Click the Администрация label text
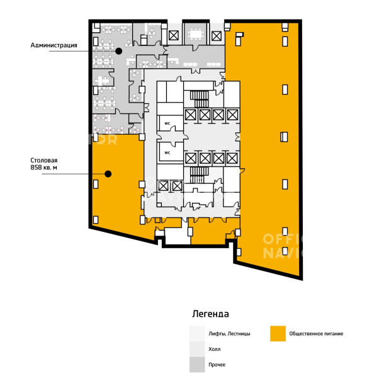point(54,45)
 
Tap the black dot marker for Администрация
point(118,51)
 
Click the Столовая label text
point(44,161)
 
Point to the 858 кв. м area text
point(43,168)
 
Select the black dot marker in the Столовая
point(108,174)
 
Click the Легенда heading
point(210,314)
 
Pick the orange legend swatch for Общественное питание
point(278,333)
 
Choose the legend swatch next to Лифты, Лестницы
point(197,333)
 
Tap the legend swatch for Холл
point(197,349)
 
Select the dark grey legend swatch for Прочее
point(197,365)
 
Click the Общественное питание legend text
point(316,334)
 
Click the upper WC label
point(167,123)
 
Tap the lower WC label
point(167,153)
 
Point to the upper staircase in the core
point(199,99)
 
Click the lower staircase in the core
point(199,175)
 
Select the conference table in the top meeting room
point(196,34)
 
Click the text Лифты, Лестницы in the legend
point(229,334)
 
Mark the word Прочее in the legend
point(217,365)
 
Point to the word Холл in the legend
point(215,349)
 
